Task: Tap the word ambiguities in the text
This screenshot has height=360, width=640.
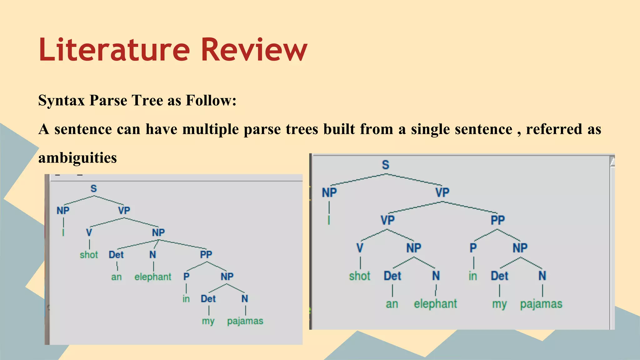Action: pos(77,158)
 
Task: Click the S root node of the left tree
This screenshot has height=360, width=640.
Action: pos(94,188)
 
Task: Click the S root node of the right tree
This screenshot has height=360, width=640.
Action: pos(386,165)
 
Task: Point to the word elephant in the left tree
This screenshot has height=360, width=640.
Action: pos(153,277)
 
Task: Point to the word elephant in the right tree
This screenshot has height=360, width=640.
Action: pos(435,304)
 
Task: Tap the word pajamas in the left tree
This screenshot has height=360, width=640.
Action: pos(245,321)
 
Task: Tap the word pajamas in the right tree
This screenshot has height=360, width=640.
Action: pos(541,304)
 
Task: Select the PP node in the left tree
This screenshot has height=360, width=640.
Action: pos(206,254)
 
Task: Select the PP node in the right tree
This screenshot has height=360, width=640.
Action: pos(497,220)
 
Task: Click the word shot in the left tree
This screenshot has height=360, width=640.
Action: pos(89,255)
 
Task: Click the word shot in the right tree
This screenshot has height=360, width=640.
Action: pos(360,276)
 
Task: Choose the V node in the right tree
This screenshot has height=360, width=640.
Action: pos(360,248)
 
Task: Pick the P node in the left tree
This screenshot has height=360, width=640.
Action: pos(186,277)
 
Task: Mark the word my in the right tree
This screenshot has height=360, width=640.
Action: pos(499,304)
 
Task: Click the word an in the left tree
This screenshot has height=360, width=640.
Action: pos(116,277)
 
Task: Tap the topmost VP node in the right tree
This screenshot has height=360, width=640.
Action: pos(442,192)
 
